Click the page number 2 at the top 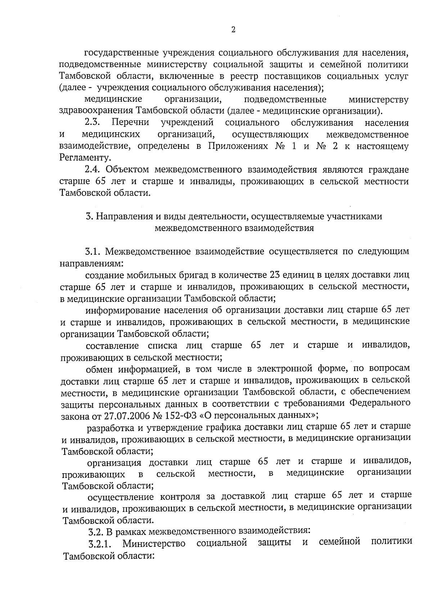[x=233, y=30]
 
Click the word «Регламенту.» [x=85, y=158]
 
